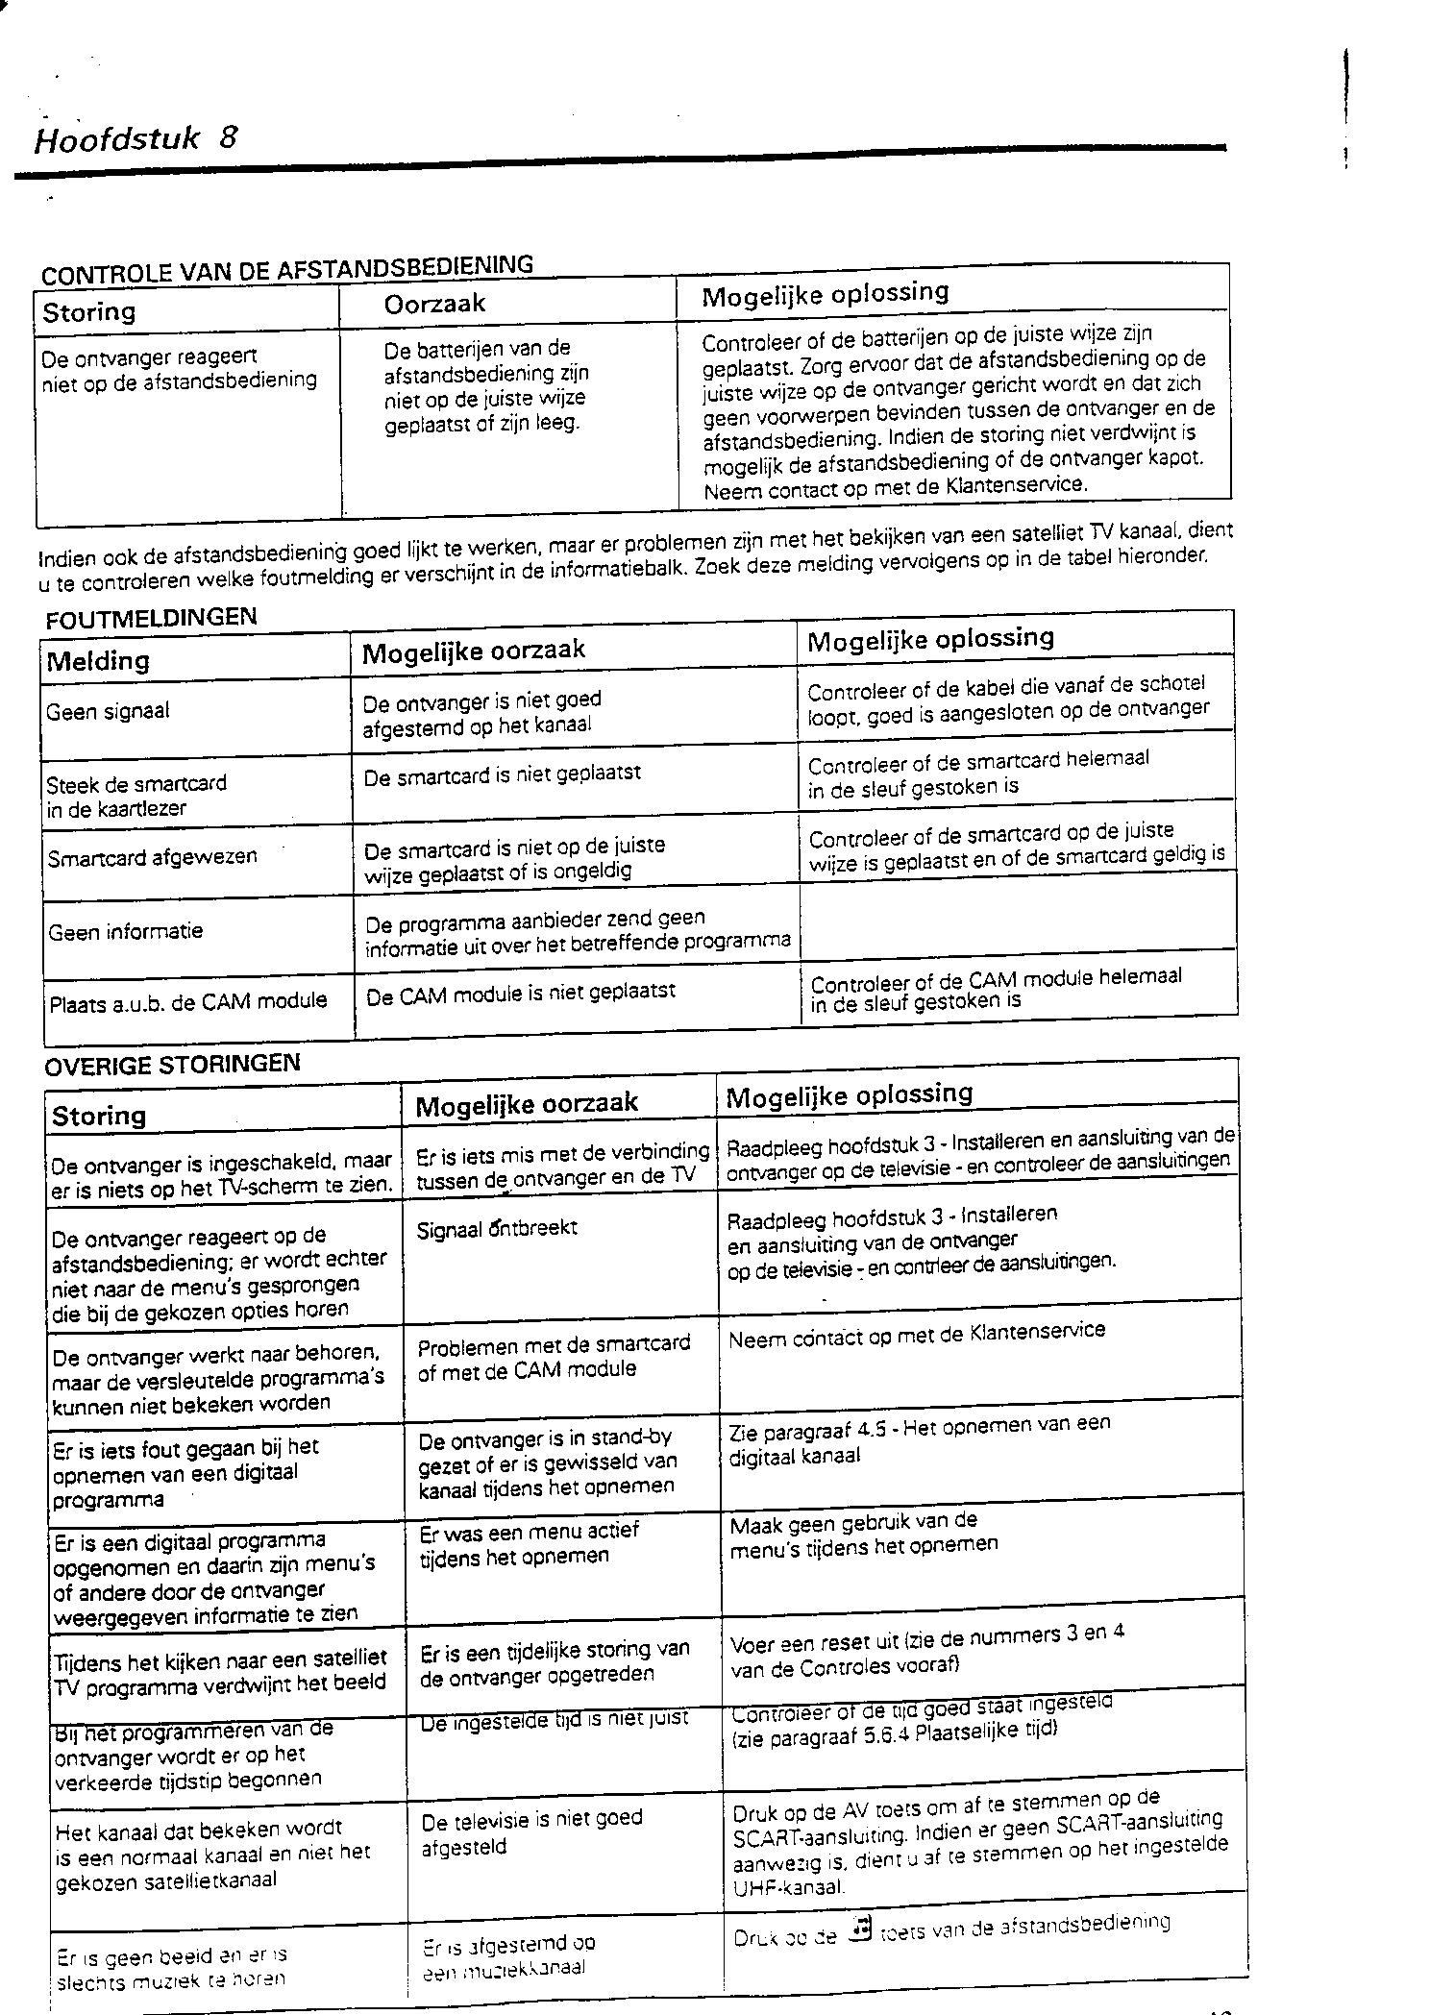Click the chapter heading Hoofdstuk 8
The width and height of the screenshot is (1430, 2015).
coord(136,139)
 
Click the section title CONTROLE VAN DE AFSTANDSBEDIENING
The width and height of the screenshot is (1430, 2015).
coord(286,269)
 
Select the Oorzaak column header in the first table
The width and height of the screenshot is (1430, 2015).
coord(434,304)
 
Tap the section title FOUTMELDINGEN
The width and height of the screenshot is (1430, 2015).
coord(152,618)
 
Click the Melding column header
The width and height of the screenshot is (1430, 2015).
coord(98,661)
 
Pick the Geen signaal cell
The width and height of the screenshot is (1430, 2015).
coord(108,712)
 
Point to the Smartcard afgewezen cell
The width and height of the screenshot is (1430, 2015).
coord(152,856)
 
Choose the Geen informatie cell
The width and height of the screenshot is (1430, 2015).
coord(125,931)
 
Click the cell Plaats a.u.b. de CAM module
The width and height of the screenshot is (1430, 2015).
coord(187,1000)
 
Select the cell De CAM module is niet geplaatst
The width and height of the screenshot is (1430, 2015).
coord(521,993)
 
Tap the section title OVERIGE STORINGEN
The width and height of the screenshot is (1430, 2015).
coord(173,1064)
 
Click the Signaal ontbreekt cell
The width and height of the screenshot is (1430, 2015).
coord(497,1229)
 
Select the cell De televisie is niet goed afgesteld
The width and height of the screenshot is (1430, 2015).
coord(530,1832)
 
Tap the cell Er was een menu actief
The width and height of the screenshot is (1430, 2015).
coord(529,1543)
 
